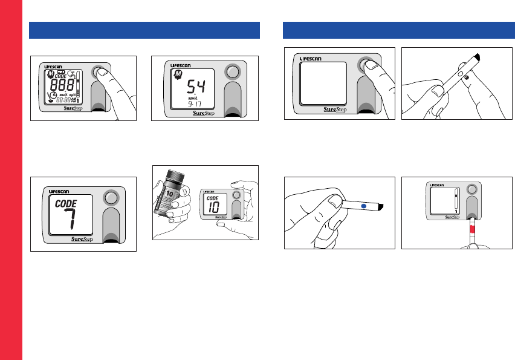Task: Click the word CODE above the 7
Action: (66, 204)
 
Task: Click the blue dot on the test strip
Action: (363, 206)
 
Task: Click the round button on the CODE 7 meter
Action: (109, 198)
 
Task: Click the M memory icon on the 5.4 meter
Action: (179, 74)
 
